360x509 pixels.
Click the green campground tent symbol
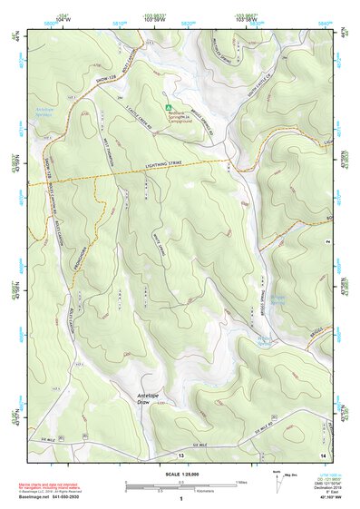pyautogui.click(x=168, y=108)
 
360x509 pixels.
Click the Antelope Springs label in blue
pyautogui.click(x=45, y=113)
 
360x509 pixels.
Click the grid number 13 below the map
pyautogui.click(x=180, y=454)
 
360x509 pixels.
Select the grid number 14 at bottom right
pyautogui.click(x=322, y=454)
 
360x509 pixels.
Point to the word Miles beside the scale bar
pyautogui.click(x=241, y=481)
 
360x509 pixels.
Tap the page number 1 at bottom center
pyautogui.click(x=180, y=498)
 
